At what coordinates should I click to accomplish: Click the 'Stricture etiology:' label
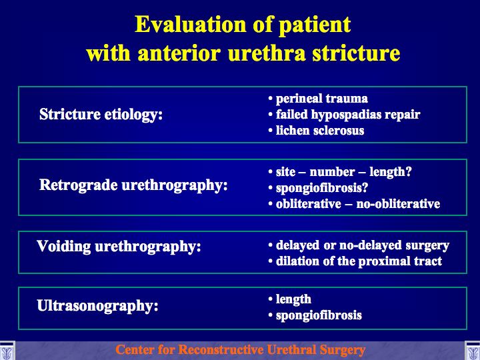point(101,115)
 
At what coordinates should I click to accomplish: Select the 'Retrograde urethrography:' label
point(133,185)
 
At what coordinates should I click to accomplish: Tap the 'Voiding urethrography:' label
point(119,247)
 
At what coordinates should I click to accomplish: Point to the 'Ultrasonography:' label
point(97,306)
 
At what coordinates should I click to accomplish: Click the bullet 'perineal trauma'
point(322,99)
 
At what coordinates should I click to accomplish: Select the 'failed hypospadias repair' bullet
point(348,115)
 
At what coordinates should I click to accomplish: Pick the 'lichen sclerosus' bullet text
point(320,131)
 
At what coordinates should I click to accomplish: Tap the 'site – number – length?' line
point(344,172)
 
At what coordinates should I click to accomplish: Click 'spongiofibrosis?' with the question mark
point(322,188)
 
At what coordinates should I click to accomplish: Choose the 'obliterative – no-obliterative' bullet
point(358,204)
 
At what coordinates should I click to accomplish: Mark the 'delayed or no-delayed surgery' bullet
point(363,245)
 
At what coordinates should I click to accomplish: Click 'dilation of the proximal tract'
point(359,261)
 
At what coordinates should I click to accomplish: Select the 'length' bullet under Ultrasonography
point(293,299)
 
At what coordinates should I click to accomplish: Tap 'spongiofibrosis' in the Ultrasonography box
point(319,315)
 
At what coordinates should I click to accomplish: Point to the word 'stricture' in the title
point(356,53)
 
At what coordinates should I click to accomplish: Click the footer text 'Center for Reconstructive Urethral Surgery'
point(240,350)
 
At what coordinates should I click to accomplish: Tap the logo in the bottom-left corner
point(7,351)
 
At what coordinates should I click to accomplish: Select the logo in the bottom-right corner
point(473,351)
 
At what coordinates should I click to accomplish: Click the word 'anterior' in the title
point(179,53)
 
